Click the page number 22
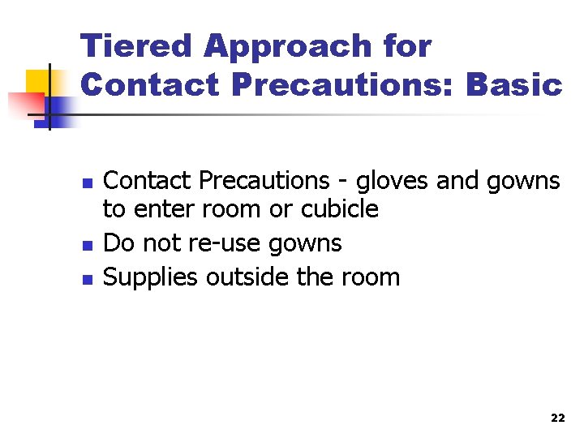[x=557, y=419]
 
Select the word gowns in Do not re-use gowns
[x=308, y=244]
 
